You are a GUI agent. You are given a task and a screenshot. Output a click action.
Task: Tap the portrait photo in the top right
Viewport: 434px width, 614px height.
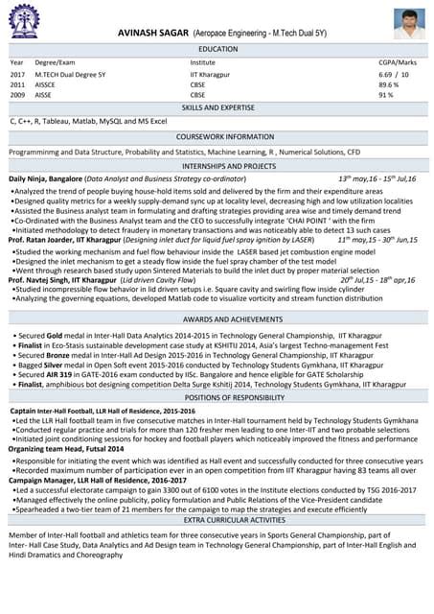(406, 23)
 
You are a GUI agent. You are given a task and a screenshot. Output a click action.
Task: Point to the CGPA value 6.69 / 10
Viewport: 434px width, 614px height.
(394, 73)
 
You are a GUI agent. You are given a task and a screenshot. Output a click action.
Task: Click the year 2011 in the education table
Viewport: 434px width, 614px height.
(17, 84)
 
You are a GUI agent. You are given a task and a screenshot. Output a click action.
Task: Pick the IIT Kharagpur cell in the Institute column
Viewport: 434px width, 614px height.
(210, 73)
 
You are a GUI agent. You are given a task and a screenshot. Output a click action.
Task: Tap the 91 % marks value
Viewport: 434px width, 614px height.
(386, 95)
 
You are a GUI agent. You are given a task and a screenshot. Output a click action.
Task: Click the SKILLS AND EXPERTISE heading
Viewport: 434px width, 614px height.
(217, 107)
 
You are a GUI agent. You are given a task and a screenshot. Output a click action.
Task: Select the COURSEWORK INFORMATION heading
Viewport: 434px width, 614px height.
(217, 136)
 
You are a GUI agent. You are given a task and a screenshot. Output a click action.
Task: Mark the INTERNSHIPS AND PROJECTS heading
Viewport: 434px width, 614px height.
(217, 165)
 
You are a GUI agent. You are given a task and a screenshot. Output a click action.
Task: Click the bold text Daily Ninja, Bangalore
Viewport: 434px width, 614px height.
(45, 178)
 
